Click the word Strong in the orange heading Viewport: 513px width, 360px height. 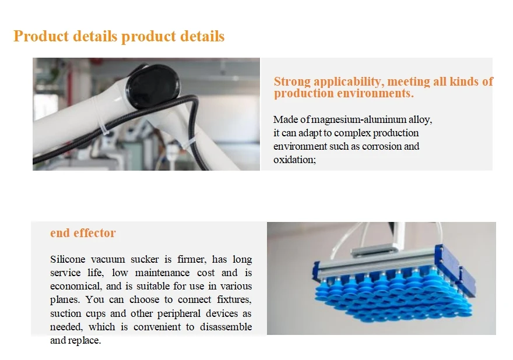click(293, 82)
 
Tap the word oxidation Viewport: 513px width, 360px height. click(294, 160)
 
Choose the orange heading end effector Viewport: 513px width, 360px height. click(83, 233)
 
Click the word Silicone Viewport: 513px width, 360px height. click(67, 259)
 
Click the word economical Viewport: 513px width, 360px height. click(73, 286)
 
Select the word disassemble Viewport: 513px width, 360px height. click(226, 327)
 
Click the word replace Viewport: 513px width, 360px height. click(85, 341)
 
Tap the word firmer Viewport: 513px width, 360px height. click(187, 259)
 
